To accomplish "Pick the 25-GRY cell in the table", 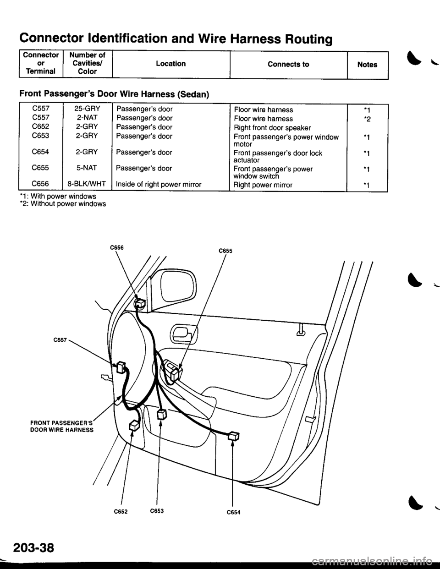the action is click(87, 109).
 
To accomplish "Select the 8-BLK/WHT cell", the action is click(87, 184).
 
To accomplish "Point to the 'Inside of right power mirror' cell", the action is click(159, 185).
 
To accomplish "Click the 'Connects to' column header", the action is click(288, 64).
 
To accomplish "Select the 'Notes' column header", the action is click(368, 65).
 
